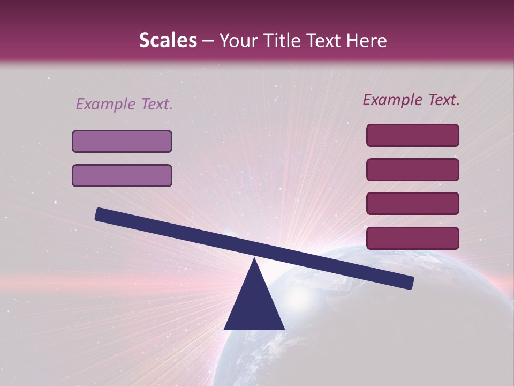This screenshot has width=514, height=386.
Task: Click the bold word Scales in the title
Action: (168, 40)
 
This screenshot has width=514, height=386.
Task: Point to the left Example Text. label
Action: (124, 104)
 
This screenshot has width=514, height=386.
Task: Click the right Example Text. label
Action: (411, 100)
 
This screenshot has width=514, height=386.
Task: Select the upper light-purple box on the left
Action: (122, 141)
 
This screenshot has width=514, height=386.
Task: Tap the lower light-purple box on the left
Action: (122, 175)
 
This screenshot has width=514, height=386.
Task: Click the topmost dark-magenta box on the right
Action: (413, 135)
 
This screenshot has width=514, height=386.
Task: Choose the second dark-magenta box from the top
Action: (413, 169)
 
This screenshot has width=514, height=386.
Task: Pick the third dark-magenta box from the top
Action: (413, 204)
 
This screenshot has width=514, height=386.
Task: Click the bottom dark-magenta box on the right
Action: (413, 238)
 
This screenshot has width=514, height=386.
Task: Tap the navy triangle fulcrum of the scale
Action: (254, 303)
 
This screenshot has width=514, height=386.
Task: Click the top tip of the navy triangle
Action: (255, 259)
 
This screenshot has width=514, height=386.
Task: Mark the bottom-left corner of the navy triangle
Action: (225, 329)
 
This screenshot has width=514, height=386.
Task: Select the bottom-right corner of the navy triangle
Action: (284, 329)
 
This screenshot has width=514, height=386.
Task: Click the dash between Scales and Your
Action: (208, 41)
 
